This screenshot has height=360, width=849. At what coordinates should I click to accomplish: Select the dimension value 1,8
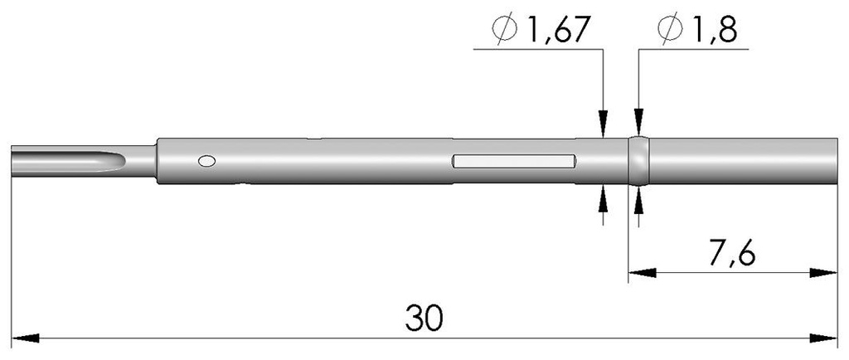point(710,31)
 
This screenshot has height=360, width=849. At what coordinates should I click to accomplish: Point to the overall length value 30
point(424,317)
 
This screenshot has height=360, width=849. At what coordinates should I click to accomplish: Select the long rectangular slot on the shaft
point(514,161)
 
